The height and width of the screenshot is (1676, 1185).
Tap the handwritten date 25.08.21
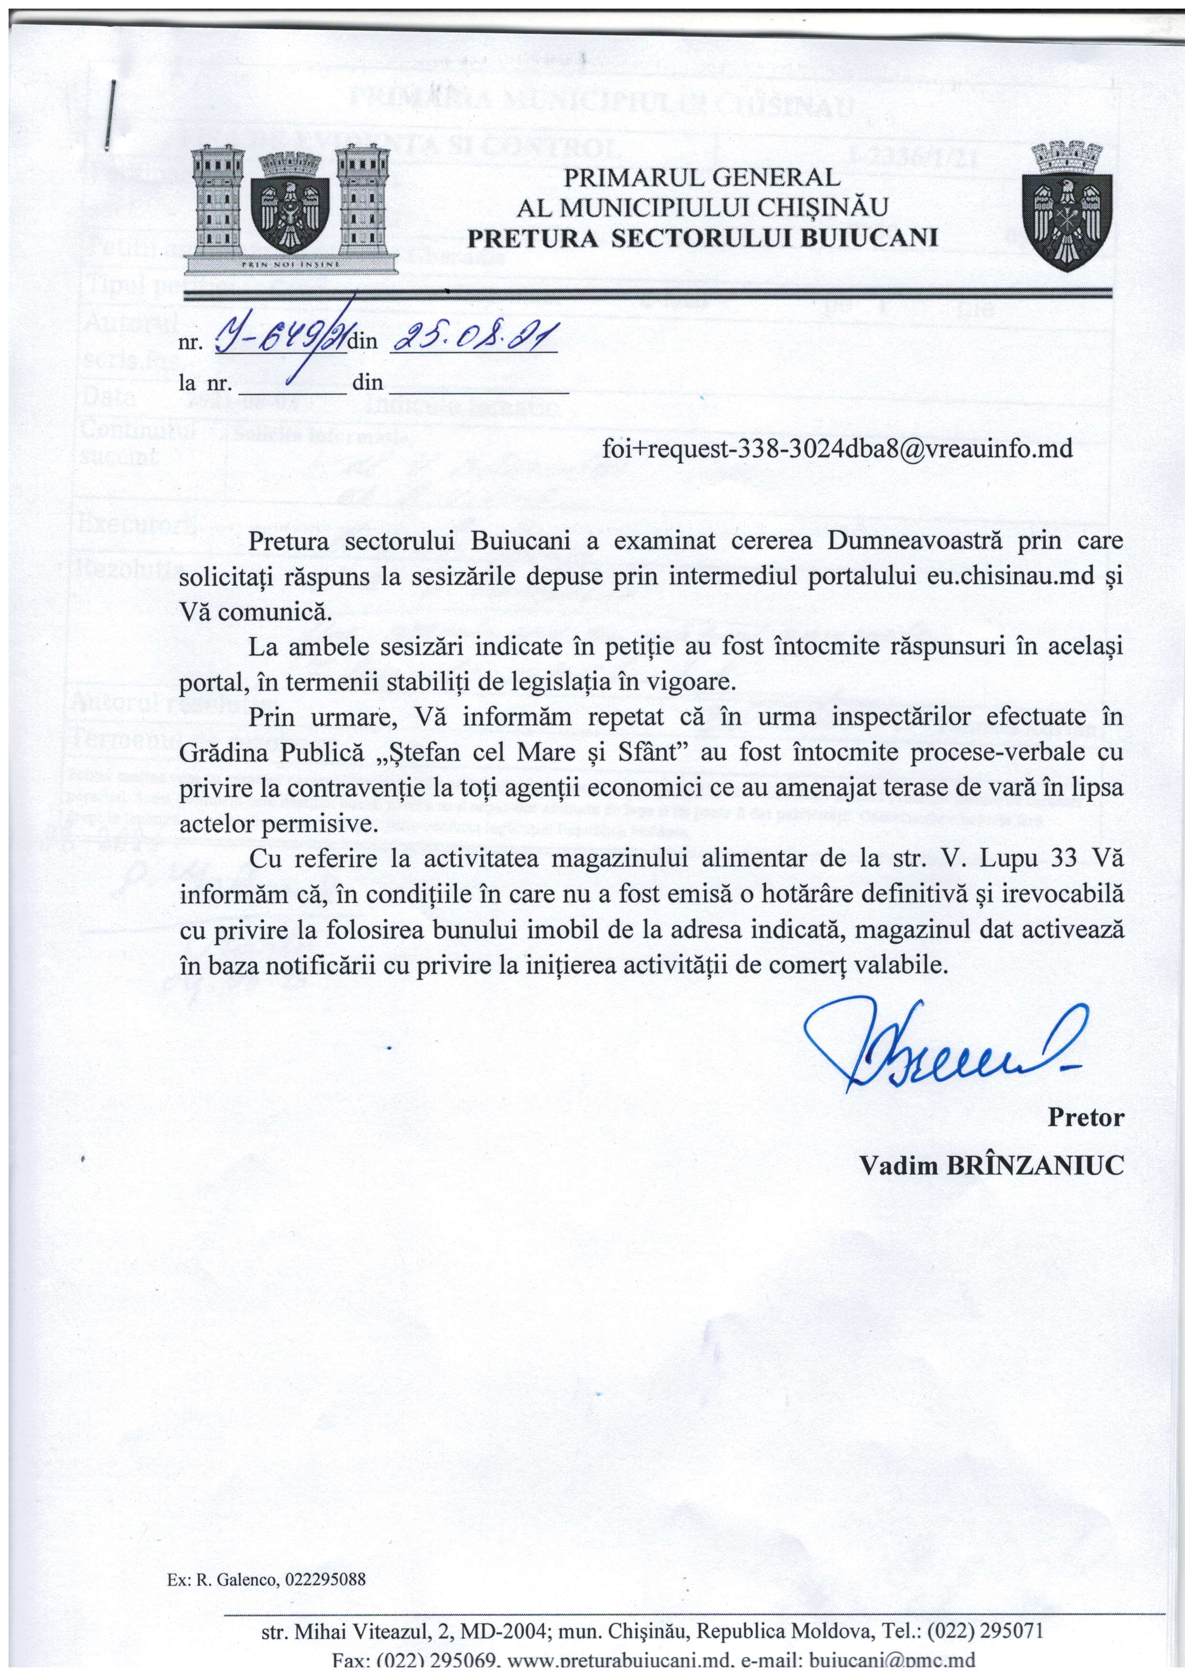(x=474, y=339)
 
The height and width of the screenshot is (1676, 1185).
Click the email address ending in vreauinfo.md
(x=838, y=448)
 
